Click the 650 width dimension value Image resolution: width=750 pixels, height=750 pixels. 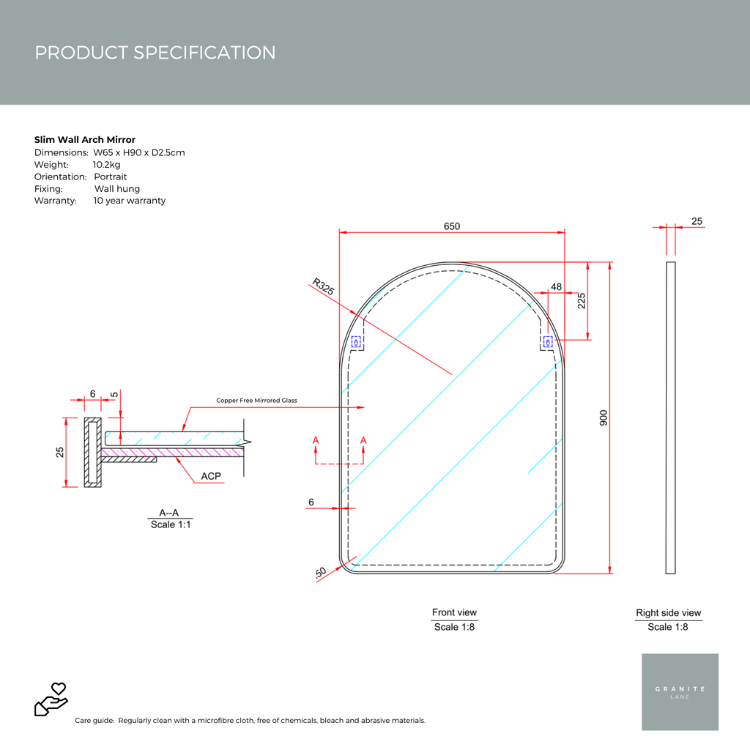point(451,226)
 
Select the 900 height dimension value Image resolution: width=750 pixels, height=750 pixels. point(603,417)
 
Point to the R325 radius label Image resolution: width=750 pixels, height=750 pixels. point(323,286)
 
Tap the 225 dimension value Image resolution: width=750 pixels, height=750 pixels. point(582,302)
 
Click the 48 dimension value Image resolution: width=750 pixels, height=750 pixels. point(556,287)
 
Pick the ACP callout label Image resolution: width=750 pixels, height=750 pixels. point(211,476)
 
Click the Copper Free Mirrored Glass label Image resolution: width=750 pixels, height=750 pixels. point(256,401)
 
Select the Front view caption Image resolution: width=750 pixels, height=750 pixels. point(454,612)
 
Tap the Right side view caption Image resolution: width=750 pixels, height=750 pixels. point(668,613)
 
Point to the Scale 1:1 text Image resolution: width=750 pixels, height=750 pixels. point(172,524)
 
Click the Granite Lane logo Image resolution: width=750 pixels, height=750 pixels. point(680,692)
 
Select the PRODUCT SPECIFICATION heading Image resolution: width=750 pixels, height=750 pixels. point(155,53)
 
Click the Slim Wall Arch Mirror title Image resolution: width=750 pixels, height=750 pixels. point(85,139)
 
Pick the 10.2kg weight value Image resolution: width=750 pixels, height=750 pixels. point(107,165)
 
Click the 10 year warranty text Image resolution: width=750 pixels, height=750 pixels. point(130,201)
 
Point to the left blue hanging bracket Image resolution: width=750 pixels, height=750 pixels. point(357,342)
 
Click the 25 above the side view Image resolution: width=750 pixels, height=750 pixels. point(697,221)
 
